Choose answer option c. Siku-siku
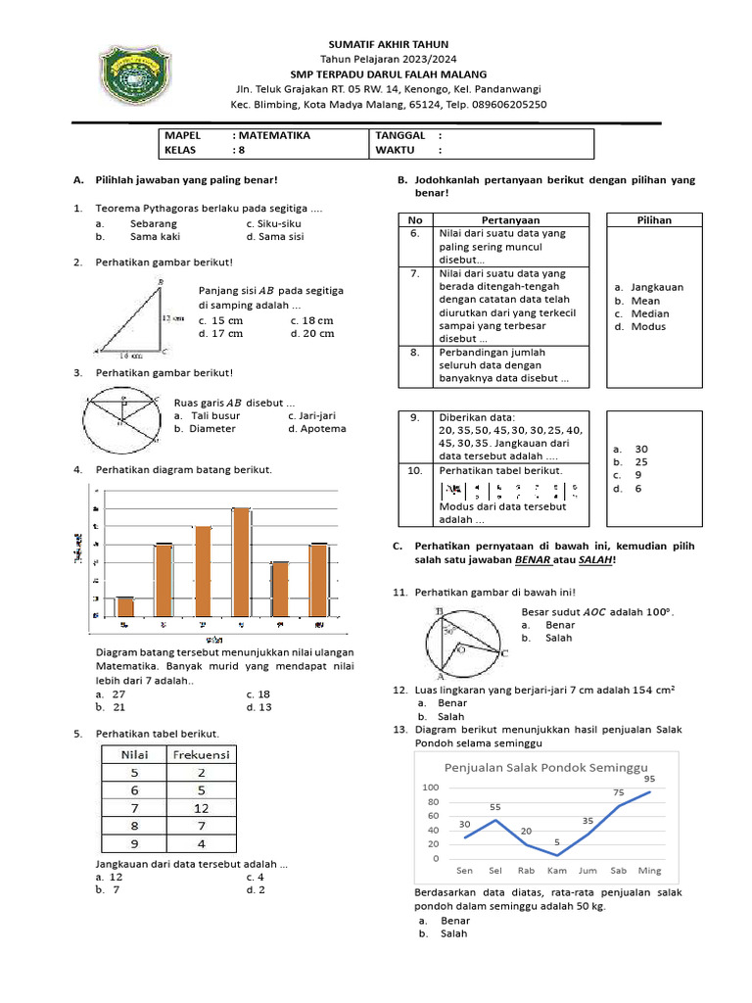(x=273, y=223)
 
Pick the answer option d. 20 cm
(x=312, y=333)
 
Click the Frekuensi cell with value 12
(x=202, y=808)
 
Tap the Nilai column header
(x=134, y=755)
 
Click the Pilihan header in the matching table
(x=654, y=220)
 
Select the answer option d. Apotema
(x=317, y=428)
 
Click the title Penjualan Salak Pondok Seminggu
(x=547, y=767)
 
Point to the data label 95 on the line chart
(x=649, y=779)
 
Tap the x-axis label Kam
(x=557, y=870)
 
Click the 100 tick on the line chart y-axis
(x=430, y=788)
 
